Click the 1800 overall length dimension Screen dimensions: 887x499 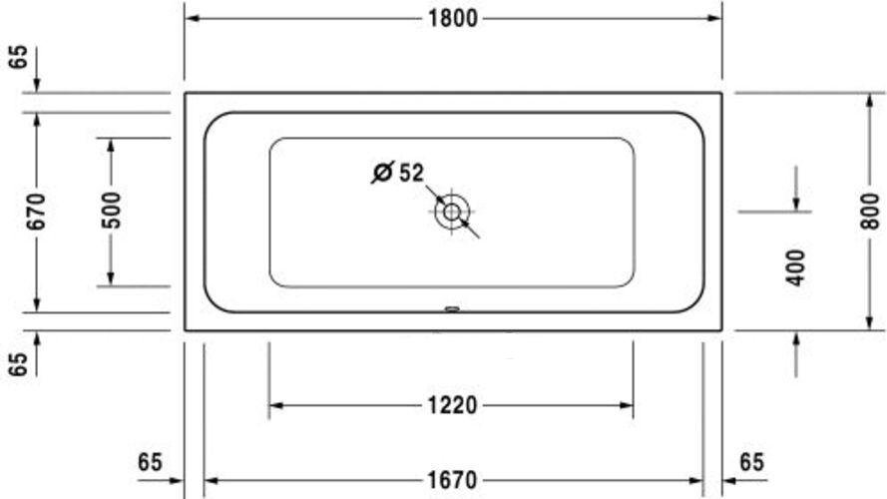(x=453, y=19)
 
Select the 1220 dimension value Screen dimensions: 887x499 (x=452, y=405)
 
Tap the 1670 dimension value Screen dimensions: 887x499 (x=452, y=480)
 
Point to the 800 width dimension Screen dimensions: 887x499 (x=870, y=211)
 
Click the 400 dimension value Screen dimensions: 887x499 (x=796, y=267)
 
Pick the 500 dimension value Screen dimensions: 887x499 (x=111, y=211)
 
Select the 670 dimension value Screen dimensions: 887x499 (x=37, y=212)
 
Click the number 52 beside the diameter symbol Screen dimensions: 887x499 (x=411, y=173)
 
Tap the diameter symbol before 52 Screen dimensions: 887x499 (x=382, y=172)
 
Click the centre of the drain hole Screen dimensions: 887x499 (x=451, y=213)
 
